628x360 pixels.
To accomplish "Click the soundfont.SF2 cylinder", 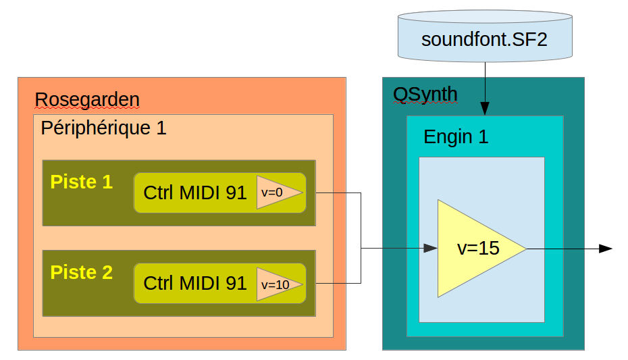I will point(484,37).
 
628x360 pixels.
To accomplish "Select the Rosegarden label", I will point(87,100).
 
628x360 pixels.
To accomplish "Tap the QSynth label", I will point(425,95).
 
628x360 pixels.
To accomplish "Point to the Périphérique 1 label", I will point(103,128).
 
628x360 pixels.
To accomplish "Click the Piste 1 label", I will point(81,182).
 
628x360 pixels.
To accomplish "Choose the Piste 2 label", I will point(81,273).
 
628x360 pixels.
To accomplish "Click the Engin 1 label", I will point(456,137).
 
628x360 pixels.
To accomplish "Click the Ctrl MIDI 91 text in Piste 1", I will point(194,193).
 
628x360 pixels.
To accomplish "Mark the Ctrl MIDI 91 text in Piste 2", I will point(194,284).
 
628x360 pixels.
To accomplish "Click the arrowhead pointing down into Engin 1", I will point(485,109).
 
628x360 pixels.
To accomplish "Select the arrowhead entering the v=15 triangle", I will point(430,249).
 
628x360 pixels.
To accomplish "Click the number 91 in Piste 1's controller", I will point(236,193).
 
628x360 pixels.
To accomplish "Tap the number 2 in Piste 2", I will point(107,273).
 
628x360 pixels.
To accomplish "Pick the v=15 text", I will point(478,249).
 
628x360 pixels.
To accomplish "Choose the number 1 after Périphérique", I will point(161,128).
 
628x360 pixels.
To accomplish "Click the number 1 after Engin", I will point(483,137).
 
